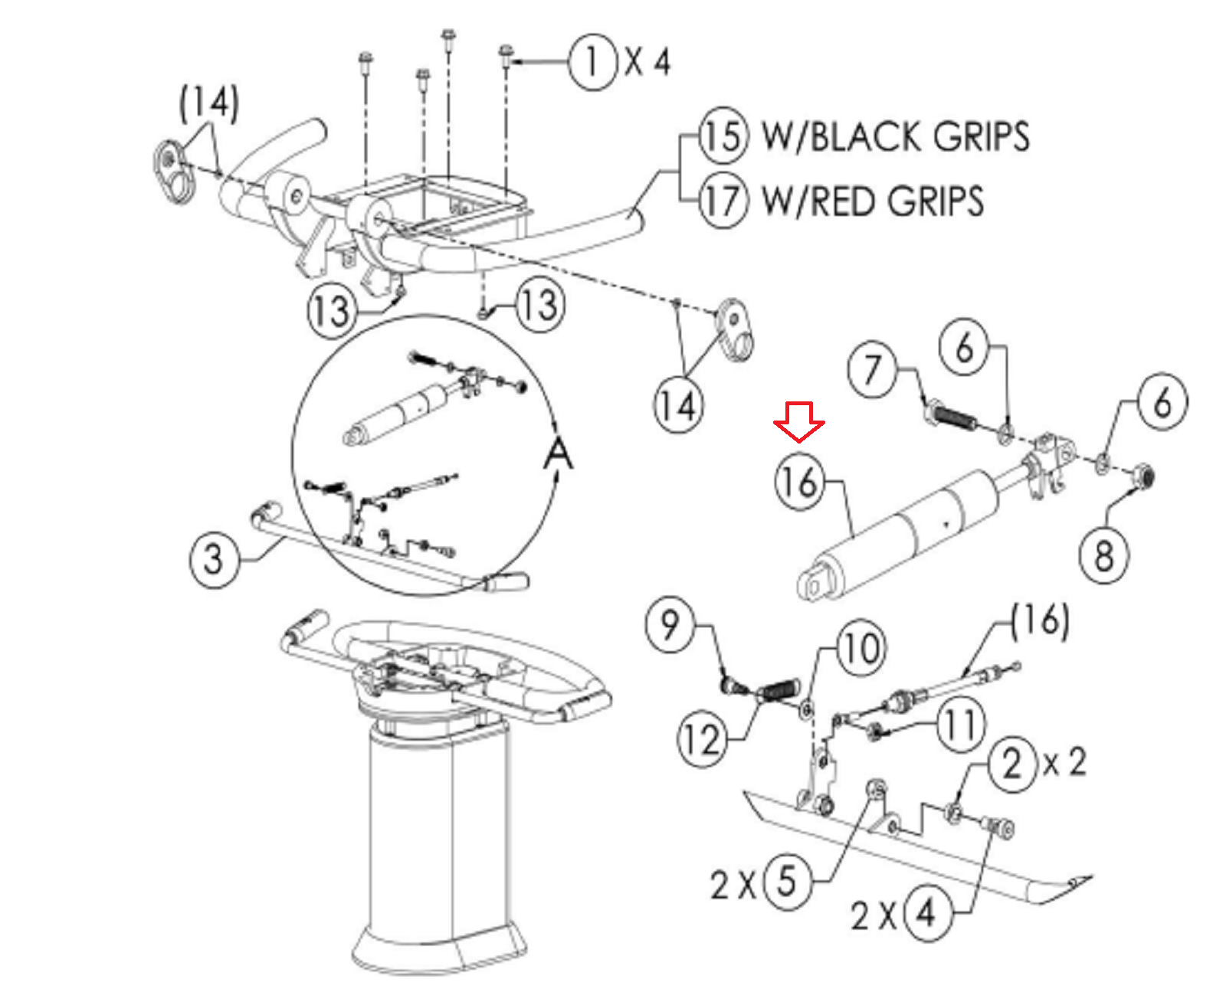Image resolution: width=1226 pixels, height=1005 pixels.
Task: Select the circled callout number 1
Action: [x=592, y=62]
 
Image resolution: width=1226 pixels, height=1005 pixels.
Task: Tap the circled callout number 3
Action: [x=214, y=560]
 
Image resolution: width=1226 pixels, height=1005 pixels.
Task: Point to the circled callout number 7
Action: [x=871, y=369]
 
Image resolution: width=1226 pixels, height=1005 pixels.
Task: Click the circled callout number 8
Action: [x=1104, y=555]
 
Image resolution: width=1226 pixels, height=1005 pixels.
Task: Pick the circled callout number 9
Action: [x=670, y=625]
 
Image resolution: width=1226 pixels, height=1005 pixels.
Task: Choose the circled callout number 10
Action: [x=861, y=650]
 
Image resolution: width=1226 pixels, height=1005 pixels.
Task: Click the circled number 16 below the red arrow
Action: [x=800, y=483]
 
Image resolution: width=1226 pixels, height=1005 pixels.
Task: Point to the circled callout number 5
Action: [x=786, y=882]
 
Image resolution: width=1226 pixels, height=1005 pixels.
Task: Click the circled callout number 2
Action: [x=1012, y=764]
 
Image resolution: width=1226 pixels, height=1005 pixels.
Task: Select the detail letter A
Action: [x=558, y=454]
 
